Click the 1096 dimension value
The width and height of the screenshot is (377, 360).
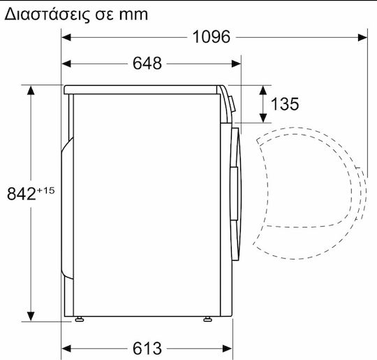[x=212, y=37]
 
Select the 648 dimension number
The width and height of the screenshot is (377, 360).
[x=147, y=63]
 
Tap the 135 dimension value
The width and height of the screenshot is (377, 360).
[x=285, y=104]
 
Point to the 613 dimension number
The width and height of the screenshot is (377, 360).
[x=147, y=348]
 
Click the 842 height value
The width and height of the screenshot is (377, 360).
[x=22, y=194]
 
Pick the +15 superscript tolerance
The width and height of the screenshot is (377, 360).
[x=45, y=191]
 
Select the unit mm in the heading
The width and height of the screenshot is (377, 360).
[x=133, y=15]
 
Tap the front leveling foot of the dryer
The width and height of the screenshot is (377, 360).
[x=207, y=320]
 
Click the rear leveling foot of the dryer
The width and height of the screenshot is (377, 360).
[x=80, y=320]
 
